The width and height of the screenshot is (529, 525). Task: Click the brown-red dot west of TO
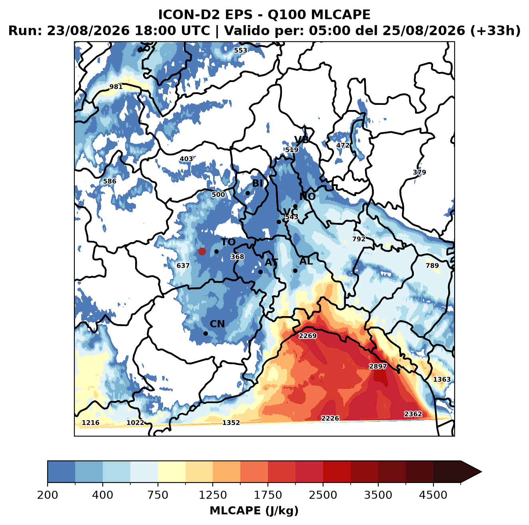[202, 251]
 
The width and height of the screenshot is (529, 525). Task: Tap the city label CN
[217, 324]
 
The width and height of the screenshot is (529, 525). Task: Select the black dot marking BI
[248, 193]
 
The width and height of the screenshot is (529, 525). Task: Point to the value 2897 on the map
[378, 366]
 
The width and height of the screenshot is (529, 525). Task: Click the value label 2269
[307, 336]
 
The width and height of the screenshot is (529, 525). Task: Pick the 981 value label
[116, 87]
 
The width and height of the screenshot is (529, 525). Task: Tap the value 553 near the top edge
[240, 50]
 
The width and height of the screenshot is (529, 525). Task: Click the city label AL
[306, 261]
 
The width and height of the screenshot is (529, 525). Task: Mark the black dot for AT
[260, 272]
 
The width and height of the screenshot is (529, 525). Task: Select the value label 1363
[442, 379]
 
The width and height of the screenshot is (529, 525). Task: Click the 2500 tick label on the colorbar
[323, 495]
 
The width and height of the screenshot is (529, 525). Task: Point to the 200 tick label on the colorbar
[48, 495]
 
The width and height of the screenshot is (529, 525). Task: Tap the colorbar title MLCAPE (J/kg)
[254, 511]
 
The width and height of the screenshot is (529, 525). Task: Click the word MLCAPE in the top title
[341, 14]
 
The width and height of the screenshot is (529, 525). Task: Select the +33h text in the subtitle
[495, 31]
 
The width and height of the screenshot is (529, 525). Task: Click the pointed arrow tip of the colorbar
[481, 472]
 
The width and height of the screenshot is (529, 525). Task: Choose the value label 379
[419, 172]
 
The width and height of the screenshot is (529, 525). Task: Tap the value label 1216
[91, 423]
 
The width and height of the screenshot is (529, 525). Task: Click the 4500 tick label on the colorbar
[433, 495]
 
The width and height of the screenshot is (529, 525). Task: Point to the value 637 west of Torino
[183, 266]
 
